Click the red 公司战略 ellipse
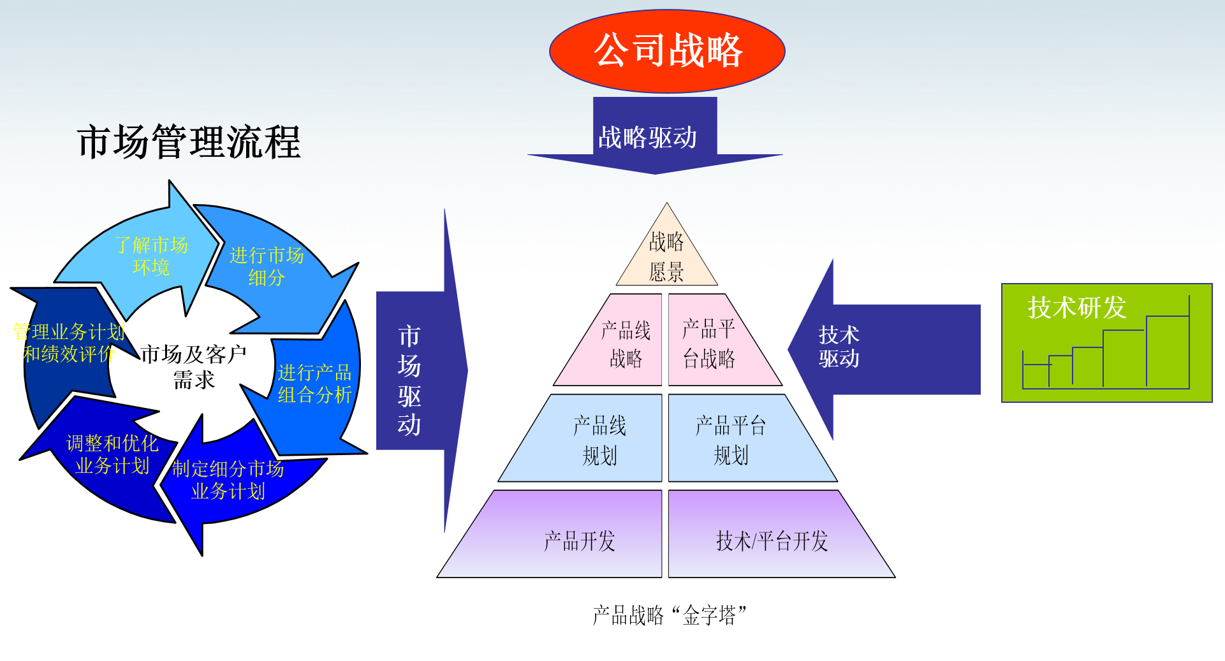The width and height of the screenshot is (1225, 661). point(667,51)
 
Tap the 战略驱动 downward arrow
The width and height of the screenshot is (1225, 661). point(654,136)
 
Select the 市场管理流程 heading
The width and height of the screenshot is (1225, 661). point(189,142)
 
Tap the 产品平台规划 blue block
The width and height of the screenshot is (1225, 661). point(733,440)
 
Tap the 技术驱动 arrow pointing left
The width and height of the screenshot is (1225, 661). point(880,347)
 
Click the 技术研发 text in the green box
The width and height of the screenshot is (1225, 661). point(1077,308)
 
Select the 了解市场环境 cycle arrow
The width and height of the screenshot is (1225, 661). point(151,256)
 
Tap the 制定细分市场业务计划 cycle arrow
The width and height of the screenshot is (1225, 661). point(228,480)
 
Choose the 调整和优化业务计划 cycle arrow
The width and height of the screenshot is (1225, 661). point(112,454)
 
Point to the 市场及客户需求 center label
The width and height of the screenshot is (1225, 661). point(194,367)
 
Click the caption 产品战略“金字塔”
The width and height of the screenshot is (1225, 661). point(670,615)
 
